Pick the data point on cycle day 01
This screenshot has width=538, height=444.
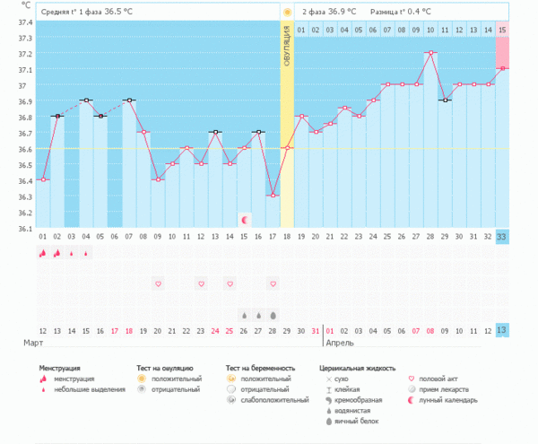43,179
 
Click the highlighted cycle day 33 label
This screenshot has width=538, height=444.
502,237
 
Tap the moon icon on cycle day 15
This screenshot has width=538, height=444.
244,219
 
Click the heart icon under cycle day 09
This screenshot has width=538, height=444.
159,283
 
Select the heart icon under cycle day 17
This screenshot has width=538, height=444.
273,283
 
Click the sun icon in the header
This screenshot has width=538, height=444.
287,13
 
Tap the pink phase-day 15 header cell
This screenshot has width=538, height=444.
502,30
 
